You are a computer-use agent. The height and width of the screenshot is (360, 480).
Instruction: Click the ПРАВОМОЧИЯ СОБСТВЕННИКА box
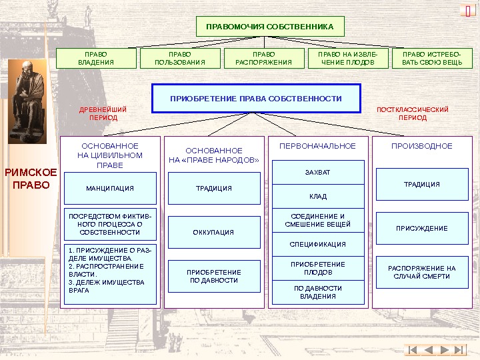pos(270,26)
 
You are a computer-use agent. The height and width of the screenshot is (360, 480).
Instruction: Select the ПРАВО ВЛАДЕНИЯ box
pos(96,59)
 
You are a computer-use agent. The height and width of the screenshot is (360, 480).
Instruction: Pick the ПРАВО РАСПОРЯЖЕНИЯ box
pos(264,59)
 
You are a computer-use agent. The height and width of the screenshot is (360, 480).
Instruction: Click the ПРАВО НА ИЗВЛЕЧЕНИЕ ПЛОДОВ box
pos(348,59)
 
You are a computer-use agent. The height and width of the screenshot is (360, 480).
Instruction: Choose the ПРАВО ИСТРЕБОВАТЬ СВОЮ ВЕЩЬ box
pos(432,59)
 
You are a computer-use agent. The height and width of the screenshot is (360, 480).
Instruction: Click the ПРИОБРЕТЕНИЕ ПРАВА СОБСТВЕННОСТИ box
pos(256,99)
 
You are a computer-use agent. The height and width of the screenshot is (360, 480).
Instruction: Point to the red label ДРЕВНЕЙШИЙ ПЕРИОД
pos(103,113)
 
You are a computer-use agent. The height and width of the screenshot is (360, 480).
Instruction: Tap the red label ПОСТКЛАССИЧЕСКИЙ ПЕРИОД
pos(413,113)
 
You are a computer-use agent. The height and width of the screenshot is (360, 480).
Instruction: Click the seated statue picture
pos(27,101)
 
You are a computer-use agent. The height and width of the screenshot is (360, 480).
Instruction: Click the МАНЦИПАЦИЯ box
pos(110,188)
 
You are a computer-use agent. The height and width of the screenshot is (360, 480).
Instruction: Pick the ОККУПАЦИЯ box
pos(213,233)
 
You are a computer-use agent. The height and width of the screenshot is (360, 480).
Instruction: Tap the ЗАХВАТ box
pos(317,172)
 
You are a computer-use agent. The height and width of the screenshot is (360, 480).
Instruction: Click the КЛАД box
pos(317,197)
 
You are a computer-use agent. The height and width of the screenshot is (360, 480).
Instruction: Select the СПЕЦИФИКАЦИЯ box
pos(317,245)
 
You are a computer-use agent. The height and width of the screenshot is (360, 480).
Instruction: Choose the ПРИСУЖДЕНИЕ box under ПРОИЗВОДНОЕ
pos(421,229)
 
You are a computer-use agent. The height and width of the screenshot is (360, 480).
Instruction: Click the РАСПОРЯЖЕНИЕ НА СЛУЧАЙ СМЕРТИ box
pos(421,272)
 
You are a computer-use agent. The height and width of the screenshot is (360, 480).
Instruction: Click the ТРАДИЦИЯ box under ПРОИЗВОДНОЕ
pos(421,185)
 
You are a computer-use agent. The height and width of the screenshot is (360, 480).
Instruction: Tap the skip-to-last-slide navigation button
pos(460,350)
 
